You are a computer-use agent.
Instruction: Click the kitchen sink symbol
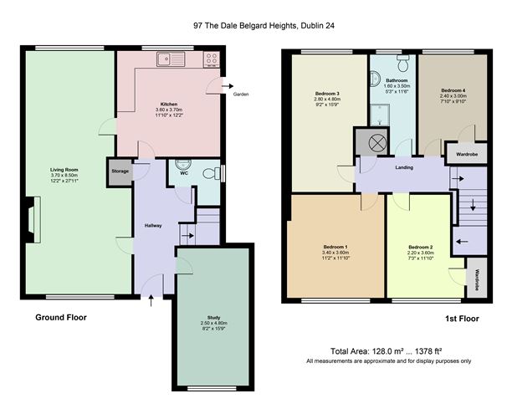(x=171, y=59)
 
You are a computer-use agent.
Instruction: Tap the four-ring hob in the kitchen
(x=212, y=59)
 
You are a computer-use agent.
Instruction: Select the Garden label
(x=241, y=95)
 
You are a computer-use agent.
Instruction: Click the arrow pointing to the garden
(x=228, y=86)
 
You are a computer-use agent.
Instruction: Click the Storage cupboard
(x=120, y=172)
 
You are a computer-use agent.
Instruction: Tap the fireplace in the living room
(x=33, y=220)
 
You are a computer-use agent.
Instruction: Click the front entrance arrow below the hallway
(x=151, y=300)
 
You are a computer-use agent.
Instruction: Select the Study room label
(x=214, y=318)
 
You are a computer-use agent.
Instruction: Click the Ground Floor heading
(x=61, y=318)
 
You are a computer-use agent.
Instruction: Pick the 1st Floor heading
(x=462, y=319)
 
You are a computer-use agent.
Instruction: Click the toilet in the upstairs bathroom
(x=403, y=63)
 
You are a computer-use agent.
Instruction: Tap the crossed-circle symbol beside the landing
(x=377, y=143)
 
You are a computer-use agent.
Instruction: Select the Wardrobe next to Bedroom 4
(x=467, y=154)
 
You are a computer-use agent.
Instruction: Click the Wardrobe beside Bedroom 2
(x=477, y=278)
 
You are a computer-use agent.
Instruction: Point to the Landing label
(x=404, y=167)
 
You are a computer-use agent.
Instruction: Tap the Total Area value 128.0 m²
(x=387, y=351)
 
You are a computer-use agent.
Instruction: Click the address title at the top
(x=264, y=25)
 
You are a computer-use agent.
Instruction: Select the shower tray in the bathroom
(x=380, y=115)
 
